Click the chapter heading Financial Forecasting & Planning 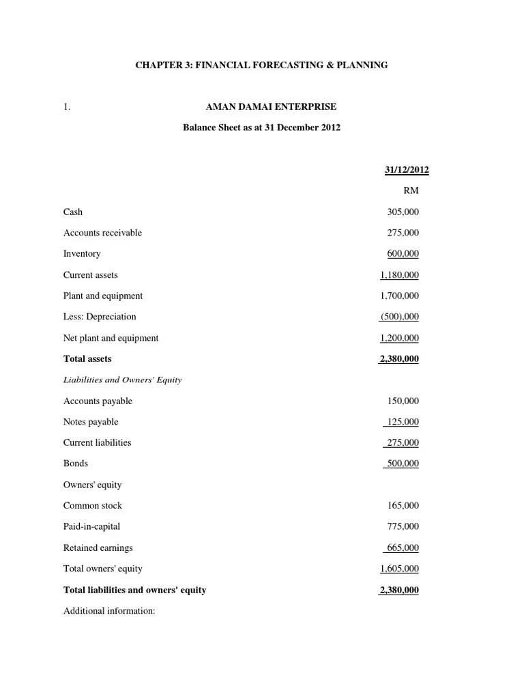coord(261,65)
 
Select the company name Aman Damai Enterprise coord(271,107)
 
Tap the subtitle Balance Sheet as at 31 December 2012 coord(261,128)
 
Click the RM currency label coord(411,191)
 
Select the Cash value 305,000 coord(403,212)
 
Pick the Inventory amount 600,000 coord(403,254)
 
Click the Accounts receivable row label coord(102,233)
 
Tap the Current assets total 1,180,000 coord(400,275)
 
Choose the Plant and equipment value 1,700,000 coord(400,296)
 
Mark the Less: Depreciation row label coord(100,317)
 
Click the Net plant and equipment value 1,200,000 coord(400,338)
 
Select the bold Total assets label coord(87,358)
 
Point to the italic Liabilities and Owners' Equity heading coord(122,380)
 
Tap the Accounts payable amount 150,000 coord(403,401)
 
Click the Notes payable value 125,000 coord(403,422)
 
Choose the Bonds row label coord(76,463)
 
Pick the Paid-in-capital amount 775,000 coord(403,526)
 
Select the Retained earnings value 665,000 coord(403,547)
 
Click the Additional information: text coord(109,611)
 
